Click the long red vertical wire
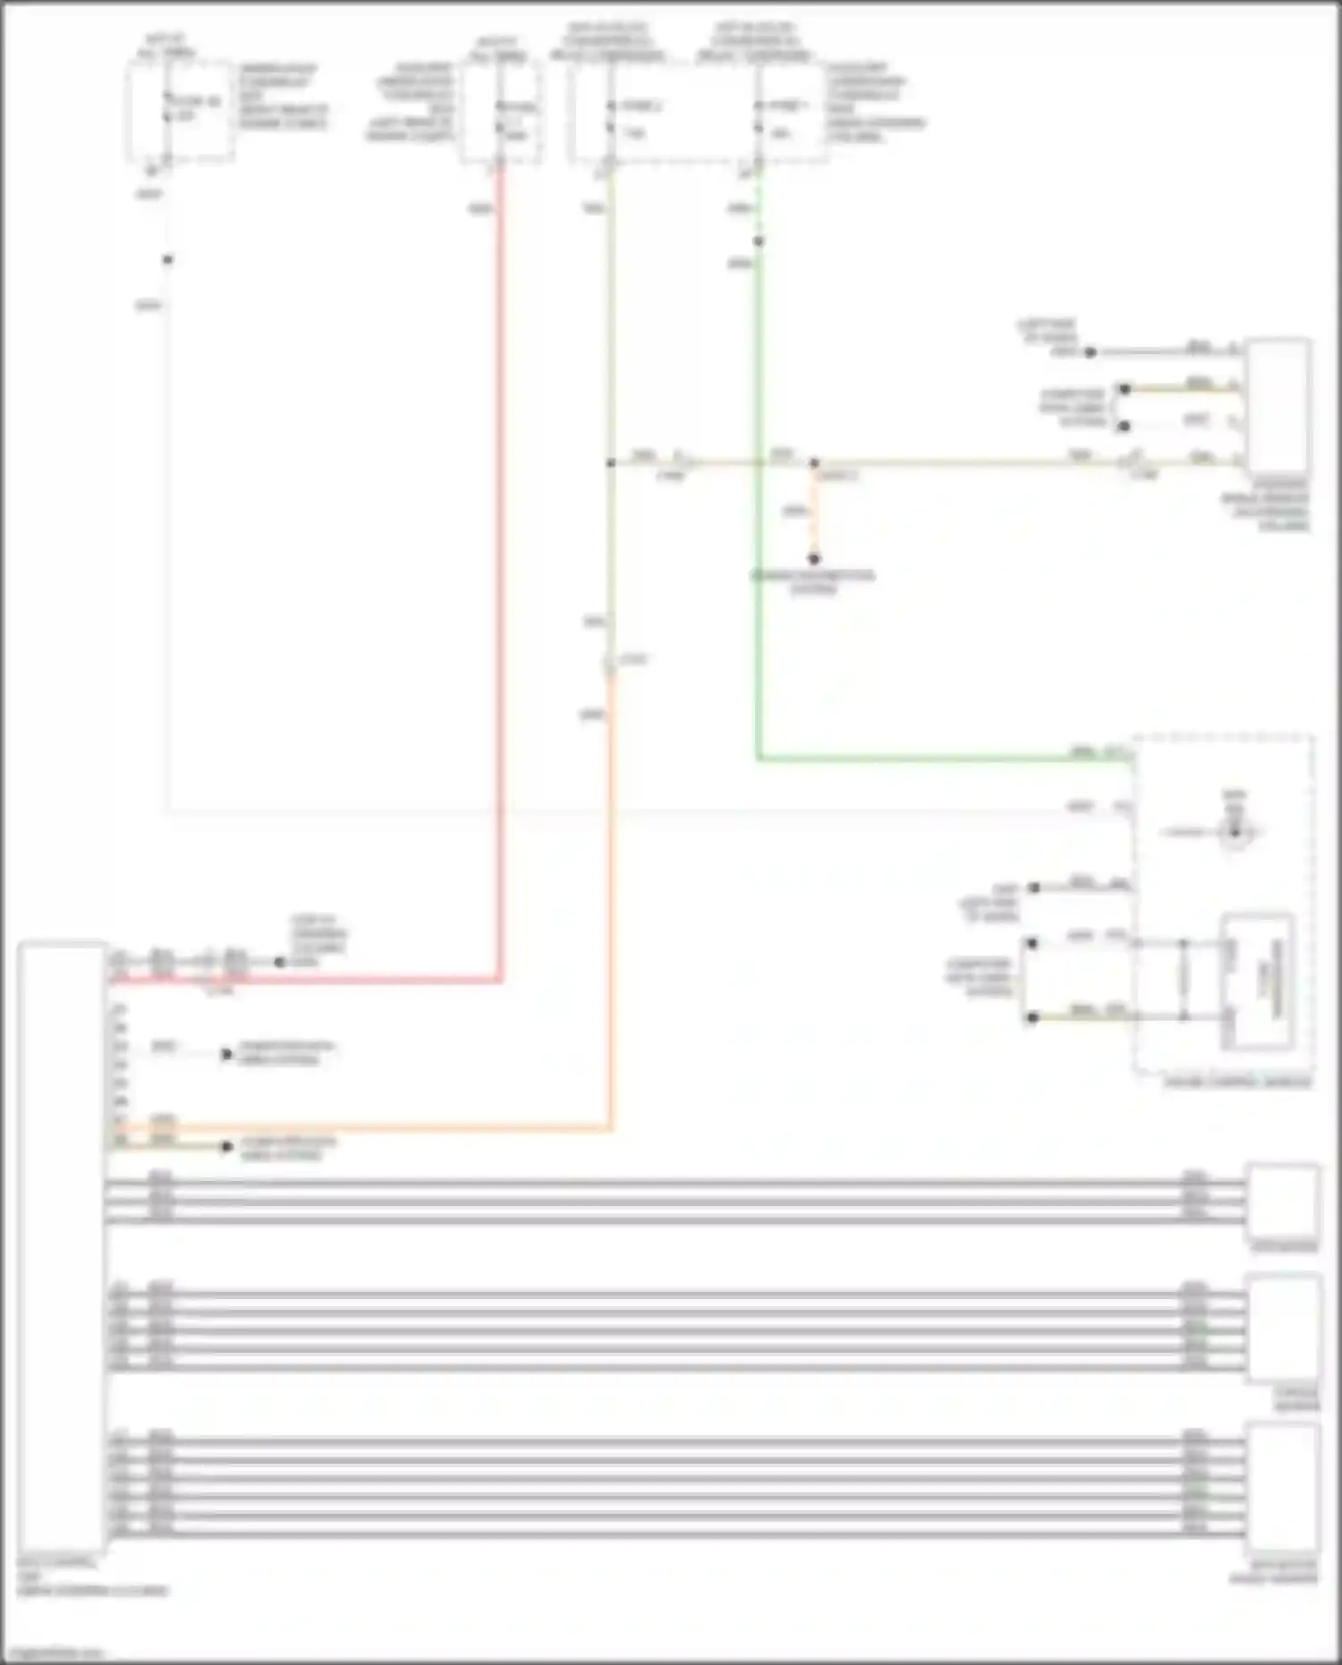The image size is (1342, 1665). [500, 573]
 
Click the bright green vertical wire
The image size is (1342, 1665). [759, 537]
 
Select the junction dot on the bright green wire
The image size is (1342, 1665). [759, 242]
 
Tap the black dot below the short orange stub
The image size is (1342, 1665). [814, 559]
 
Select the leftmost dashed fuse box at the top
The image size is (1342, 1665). [180, 112]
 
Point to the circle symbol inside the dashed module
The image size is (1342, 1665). [1235, 833]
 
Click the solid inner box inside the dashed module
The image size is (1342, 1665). [1258, 981]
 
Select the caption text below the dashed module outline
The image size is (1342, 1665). [1236, 1083]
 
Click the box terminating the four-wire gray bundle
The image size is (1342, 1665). [1283, 1199]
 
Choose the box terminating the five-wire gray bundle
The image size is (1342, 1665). [1285, 1329]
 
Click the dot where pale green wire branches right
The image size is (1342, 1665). [611, 463]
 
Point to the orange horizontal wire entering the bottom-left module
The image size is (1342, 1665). [358, 1129]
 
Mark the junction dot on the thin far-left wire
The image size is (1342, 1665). [167, 260]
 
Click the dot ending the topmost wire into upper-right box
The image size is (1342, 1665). [1091, 353]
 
